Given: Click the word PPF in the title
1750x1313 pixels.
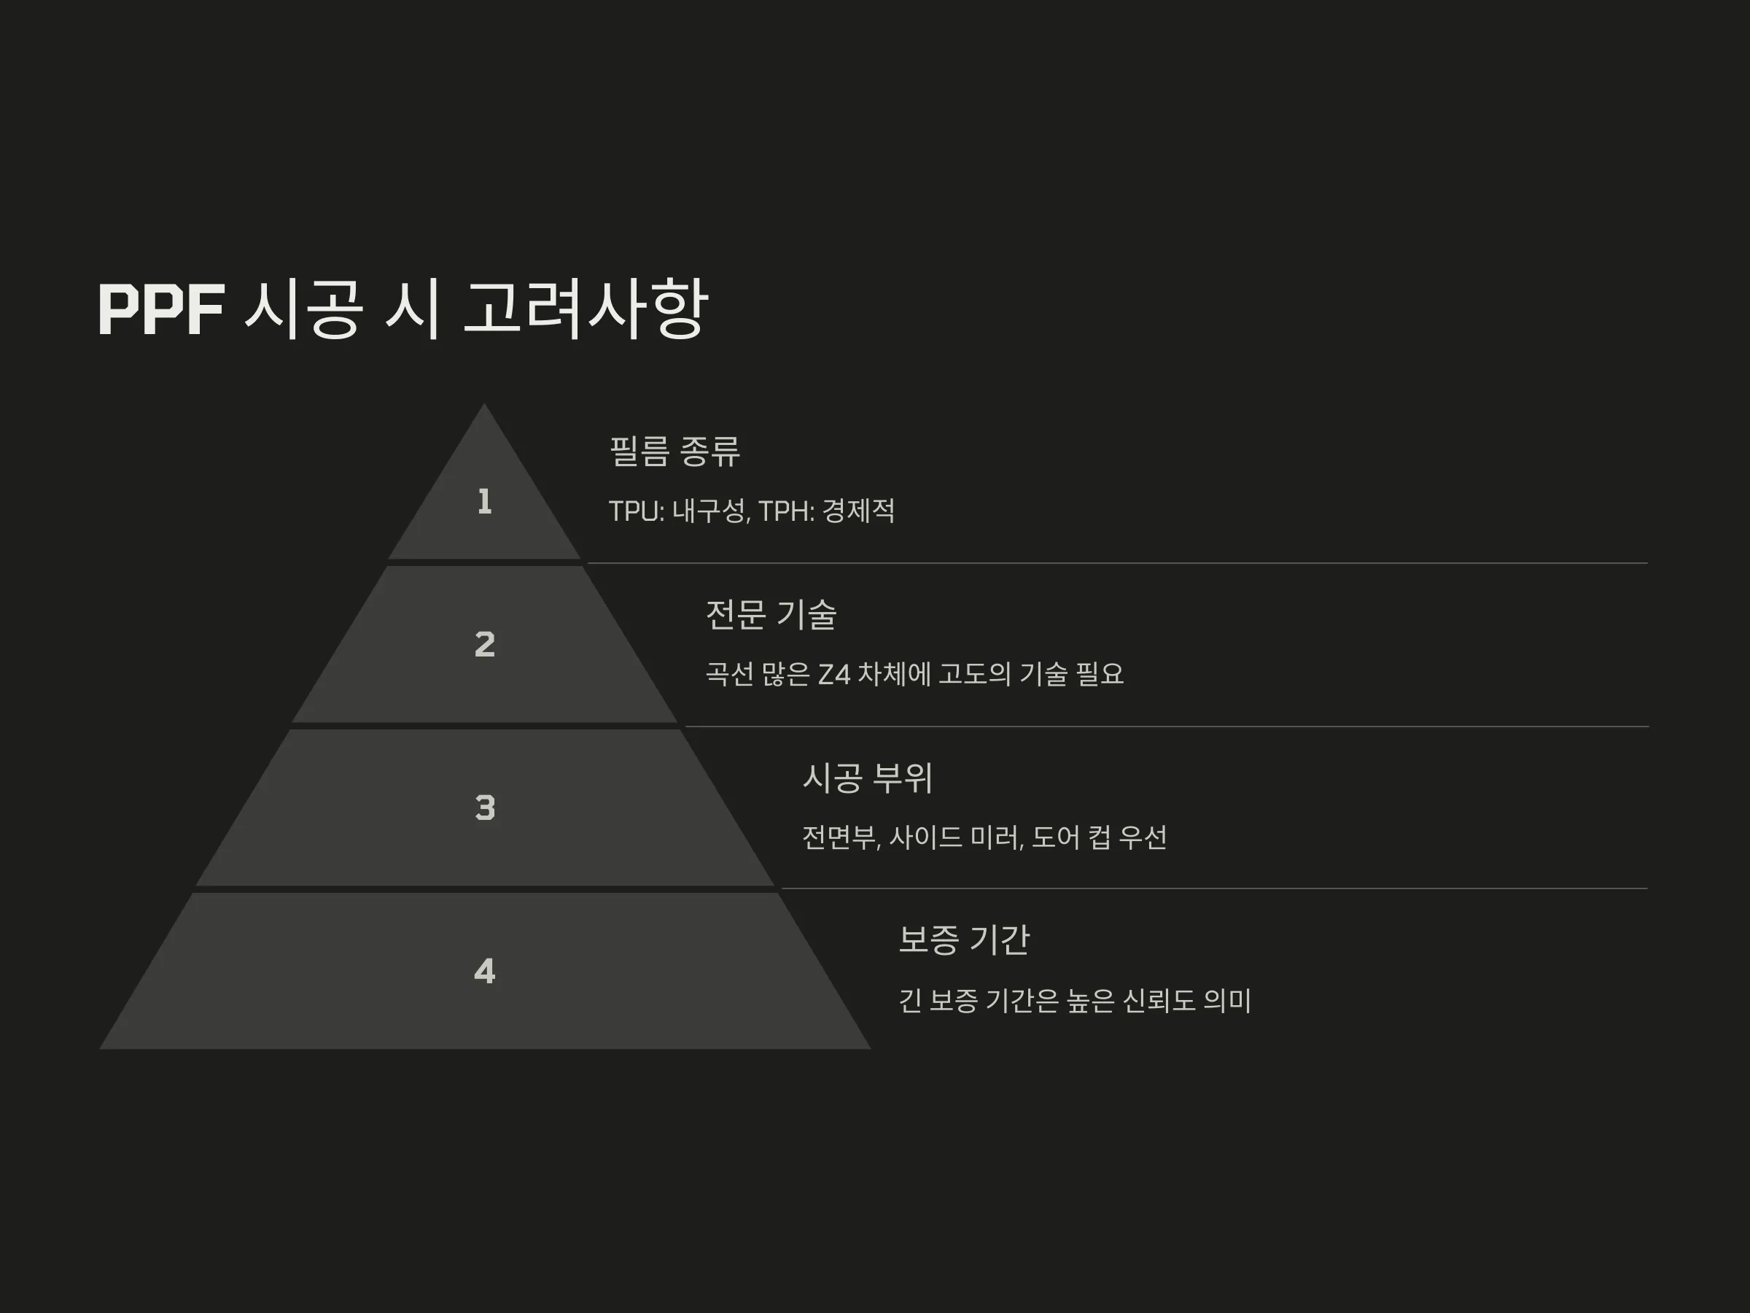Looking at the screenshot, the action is tap(161, 309).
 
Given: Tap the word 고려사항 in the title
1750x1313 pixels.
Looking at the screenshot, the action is tap(585, 309).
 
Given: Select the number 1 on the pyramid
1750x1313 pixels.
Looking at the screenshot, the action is tap(485, 502).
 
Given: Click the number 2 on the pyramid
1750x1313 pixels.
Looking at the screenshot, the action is tap(485, 644).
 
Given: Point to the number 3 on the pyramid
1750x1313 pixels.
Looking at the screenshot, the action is tap(485, 808).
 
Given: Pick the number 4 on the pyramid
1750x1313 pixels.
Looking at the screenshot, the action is tap(485, 971).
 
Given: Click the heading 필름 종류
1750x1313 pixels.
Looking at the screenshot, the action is tap(674, 451).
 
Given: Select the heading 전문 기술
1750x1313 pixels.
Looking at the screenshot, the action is tap(771, 615).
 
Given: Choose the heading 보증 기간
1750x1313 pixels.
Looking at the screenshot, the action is tap(965, 940).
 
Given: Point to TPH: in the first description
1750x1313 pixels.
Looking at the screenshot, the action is tap(786, 511).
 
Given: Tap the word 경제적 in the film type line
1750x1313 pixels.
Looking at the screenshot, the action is tap(859, 511).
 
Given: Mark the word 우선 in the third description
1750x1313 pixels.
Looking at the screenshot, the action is tap(1143, 837).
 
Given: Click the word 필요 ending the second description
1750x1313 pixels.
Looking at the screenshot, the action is tap(1100, 674).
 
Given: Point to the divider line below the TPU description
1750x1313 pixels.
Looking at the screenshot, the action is tap(1118, 564).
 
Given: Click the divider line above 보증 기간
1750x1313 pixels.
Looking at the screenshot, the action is tap(1214, 888).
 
